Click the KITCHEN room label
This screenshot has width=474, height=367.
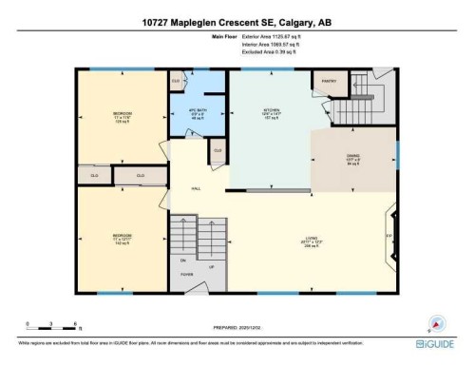coord(270,113)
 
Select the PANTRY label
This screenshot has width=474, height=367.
coord(331,81)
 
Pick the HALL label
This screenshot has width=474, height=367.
coord(195,189)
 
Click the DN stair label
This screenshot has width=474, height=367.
coord(182,259)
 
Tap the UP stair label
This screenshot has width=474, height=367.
coord(212,266)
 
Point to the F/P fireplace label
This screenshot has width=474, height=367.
coord(388,235)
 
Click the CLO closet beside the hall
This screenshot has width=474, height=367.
coord(218,149)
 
